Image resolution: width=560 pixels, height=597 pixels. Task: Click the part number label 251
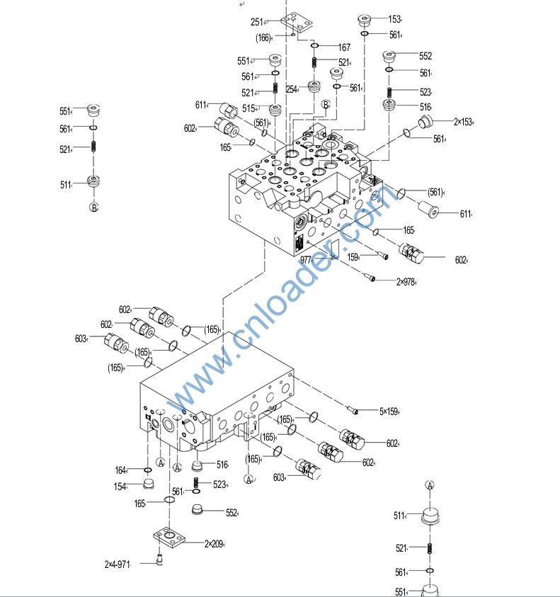256,23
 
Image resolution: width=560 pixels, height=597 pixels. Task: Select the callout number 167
343,47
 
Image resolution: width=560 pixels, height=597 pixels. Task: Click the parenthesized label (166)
263,38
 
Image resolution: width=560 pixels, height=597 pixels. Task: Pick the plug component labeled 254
313,90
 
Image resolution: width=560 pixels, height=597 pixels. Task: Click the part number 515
248,108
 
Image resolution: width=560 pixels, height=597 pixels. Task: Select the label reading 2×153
463,122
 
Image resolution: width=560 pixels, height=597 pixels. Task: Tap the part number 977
306,260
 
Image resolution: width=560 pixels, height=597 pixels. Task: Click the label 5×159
389,411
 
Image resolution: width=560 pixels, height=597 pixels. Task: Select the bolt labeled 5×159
354,409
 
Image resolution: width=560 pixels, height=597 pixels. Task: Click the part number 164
120,470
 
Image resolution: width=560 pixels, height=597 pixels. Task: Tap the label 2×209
213,544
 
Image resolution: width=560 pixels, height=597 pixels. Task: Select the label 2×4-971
118,564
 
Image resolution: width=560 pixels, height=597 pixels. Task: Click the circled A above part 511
430,485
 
